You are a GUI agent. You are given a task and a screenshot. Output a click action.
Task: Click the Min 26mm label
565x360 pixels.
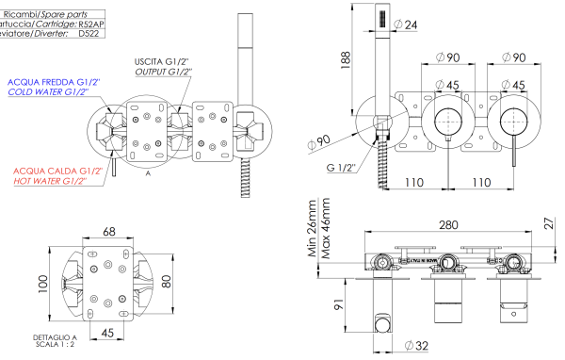pyautogui.click(x=312, y=220)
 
